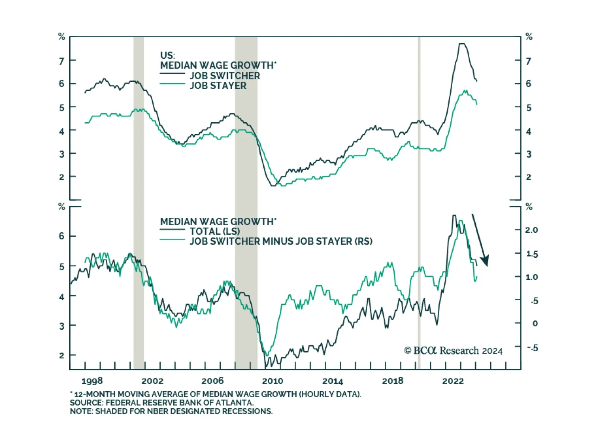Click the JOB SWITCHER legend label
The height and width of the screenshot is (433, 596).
[x=225, y=76]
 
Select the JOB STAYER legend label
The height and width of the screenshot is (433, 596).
[x=218, y=86]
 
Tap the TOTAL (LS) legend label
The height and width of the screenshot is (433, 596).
[x=215, y=231]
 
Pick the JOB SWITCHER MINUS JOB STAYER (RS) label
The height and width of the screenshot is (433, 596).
[x=281, y=241]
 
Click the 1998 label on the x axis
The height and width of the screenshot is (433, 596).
[x=92, y=381]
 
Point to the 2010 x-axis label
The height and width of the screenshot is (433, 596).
[x=272, y=381]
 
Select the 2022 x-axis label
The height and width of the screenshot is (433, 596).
[x=453, y=381]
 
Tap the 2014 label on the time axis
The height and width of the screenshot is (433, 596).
[x=333, y=381]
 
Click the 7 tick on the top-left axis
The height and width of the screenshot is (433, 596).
[x=61, y=60]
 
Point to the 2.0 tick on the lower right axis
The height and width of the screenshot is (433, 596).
[x=532, y=230]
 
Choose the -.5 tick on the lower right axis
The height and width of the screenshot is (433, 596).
[x=533, y=348]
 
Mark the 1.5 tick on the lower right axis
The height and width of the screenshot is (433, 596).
[x=532, y=254]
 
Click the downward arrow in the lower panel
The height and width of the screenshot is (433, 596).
[x=480, y=241]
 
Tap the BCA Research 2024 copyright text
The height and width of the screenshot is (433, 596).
[x=453, y=351]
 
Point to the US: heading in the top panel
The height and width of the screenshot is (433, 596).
[x=167, y=56]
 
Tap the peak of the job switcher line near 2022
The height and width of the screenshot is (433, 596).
[x=462, y=44]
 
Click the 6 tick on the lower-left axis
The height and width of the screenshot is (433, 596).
[x=61, y=236]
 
